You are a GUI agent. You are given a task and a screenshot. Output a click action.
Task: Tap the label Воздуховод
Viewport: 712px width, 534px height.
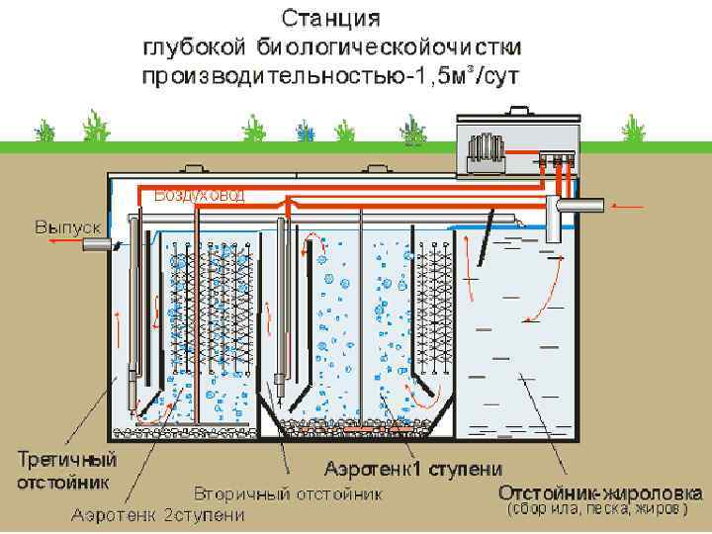[x=199, y=195]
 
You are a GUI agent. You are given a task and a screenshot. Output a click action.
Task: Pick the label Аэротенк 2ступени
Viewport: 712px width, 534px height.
[x=159, y=515]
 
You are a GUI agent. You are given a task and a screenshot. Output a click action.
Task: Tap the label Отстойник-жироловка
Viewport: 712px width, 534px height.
[x=600, y=492]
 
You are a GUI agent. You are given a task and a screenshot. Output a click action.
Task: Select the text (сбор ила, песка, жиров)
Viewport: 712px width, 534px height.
[x=592, y=510]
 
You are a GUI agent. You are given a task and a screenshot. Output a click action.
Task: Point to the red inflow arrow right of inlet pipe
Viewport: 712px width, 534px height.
[x=627, y=206]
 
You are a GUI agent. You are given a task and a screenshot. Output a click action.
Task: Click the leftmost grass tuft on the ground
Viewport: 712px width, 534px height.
[x=42, y=132]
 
